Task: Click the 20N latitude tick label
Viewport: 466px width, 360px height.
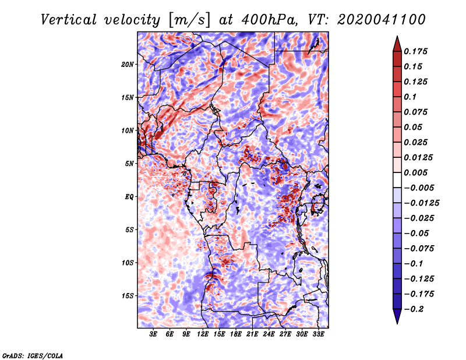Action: point(128,64)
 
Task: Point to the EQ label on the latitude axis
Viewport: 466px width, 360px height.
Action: point(129,197)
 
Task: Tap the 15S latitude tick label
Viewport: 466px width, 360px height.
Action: point(128,296)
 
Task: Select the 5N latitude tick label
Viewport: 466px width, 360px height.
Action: point(129,164)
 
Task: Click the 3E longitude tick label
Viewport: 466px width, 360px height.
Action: point(153,334)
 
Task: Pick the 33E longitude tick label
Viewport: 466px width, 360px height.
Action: point(318,334)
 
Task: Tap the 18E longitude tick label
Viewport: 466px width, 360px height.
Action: point(236,334)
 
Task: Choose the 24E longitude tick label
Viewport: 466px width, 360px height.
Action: point(269,334)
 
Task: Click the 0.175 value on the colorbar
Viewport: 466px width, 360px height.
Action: point(415,51)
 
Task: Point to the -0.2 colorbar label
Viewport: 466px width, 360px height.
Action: point(414,309)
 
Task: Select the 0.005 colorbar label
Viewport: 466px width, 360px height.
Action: point(415,172)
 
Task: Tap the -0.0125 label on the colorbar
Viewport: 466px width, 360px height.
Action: point(421,203)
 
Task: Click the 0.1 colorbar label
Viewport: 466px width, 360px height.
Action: point(410,97)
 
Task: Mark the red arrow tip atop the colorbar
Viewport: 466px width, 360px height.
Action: point(397,36)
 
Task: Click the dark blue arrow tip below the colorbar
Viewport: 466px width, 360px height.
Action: point(397,323)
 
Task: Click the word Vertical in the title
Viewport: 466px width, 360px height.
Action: point(69,20)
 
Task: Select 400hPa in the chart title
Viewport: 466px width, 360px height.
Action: point(270,20)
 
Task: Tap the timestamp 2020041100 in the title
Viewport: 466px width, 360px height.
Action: point(382,20)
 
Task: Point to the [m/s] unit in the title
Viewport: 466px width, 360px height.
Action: point(189,20)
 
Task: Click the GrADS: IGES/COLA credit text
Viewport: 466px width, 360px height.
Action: point(33,356)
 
